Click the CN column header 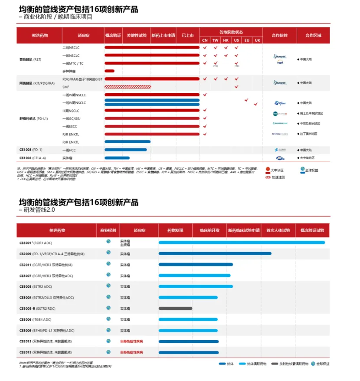tap(205, 40)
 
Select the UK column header tap(257, 40)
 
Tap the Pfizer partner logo tap(280, 103)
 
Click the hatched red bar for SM tap(128, 87)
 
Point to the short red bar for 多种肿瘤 tap(109, 71)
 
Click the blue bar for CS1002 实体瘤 tap(117, 158)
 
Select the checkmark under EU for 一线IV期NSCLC tap(246, 99)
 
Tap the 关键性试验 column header tap(137, 35)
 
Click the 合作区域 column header tap(314, 35)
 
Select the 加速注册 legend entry tap(278, 177)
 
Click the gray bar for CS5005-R tap(175, 308)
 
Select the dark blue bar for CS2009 tap(215, 253)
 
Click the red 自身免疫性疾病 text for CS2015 tap(131, 352)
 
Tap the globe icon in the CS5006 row tap(108, 319)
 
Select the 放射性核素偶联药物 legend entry tap(290, 364)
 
